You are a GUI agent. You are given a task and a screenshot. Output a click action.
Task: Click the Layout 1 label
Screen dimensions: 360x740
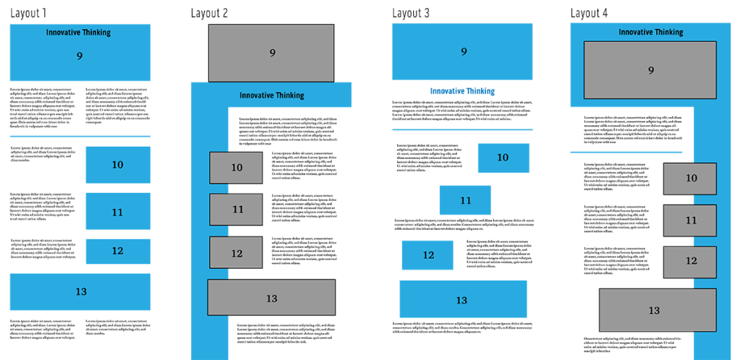point(28,13)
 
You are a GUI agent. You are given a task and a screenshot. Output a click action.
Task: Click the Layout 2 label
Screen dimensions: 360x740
point(210,13)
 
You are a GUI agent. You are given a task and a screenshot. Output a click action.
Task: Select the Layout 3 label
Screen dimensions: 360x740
point(411,13)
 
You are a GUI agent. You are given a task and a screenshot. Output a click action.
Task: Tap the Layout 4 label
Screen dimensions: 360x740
point(590,13)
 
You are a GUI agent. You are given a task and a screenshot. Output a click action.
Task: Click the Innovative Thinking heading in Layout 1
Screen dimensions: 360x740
point(78,32)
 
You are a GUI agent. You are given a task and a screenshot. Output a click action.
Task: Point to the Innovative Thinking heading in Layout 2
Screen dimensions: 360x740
point(272,95)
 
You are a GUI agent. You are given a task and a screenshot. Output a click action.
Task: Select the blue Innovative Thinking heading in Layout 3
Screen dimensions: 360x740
point(462,91)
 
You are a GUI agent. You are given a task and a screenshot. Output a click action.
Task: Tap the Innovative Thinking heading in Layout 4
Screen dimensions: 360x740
point(651,32)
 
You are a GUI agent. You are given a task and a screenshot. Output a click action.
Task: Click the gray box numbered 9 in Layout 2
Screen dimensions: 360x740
point(271,53)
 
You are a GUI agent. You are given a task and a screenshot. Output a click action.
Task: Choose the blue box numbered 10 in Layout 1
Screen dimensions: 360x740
point(117,165)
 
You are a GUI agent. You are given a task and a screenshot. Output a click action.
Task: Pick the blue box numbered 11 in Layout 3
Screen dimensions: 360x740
point(465,200)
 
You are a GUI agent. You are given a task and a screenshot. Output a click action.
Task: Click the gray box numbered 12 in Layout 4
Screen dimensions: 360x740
point(690,261)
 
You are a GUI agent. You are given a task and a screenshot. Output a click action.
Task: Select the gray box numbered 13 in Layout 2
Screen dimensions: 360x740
point(272,298)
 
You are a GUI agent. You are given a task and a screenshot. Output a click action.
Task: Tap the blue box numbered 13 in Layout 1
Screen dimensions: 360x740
point(80,291)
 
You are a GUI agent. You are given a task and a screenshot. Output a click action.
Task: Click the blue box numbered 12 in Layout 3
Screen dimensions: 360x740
point(428,255)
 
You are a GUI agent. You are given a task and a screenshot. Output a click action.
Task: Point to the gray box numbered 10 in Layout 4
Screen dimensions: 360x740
point(690,179)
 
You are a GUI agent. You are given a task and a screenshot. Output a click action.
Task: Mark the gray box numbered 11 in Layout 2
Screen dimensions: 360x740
point(237,210)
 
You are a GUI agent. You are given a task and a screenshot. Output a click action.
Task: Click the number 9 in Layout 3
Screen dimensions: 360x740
point(463,51)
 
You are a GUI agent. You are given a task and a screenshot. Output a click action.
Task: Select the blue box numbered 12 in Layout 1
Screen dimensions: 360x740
point(117,251)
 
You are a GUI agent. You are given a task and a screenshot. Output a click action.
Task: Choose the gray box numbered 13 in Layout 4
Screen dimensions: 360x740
point(653,309)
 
